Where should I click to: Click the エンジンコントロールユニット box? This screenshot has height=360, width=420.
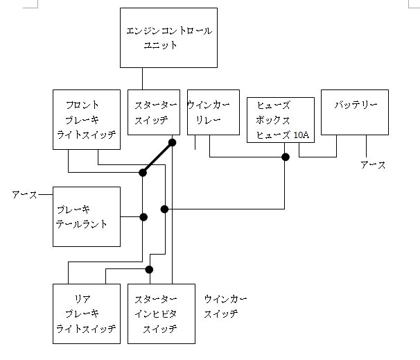pyautogui.click(x=168, y=38)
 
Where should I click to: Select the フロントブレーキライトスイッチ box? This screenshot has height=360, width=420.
pyautogui.click(x=87, y=119)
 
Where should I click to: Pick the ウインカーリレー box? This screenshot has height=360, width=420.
pyautogui.click(x=213, y=112)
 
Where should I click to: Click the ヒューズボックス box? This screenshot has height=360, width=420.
pyautogui.click(x=280, y=119)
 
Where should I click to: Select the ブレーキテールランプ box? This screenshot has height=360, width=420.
pyautogui.click(x=87, y=216)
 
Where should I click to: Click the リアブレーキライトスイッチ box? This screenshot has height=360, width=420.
pyautogui.click(x=87, y=313)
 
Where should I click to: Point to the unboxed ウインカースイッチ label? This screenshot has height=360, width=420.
pyautogui.click(x=225, y=306)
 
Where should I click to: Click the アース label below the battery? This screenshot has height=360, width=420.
pyautogui.click(x=373, y=164)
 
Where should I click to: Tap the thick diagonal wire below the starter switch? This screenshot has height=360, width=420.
pyautogui.click(x=157, y=157)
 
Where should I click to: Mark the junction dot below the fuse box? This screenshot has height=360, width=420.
pyautogui.click(x=285, y=157)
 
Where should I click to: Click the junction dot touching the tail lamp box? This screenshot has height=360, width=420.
pyautogui.click(x=143, y=217)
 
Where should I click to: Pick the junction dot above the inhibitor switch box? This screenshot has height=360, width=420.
pyautogui.click(x=149, y=269)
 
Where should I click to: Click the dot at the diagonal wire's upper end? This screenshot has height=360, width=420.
pyautogui.click(x=172, y=143)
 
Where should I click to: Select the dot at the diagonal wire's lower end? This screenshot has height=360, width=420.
pyautogui.click(x=143, y=172)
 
